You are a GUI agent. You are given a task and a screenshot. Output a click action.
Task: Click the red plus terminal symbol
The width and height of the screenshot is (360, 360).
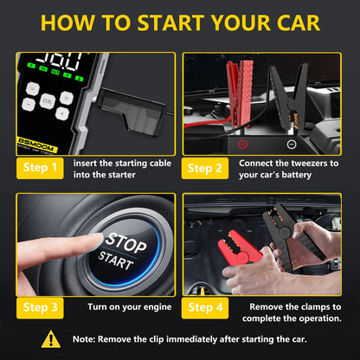click(x=243, y=144)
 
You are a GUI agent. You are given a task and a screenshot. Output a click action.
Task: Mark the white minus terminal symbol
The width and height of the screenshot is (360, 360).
click(x=292, y=144)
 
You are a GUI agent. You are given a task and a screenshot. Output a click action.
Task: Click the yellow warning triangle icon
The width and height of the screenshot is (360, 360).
click(x=51, y=339)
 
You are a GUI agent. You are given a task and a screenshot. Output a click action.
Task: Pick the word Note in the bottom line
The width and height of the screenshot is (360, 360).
click(x=89, y=340)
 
